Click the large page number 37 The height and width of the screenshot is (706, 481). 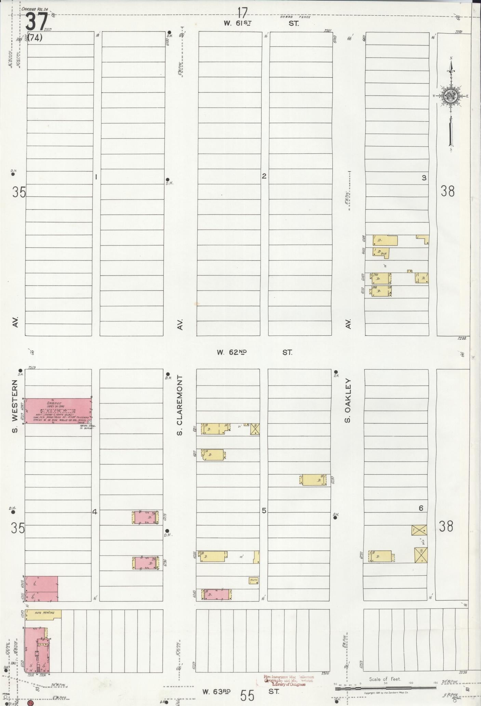click(36, 22)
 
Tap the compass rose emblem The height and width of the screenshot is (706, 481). click(451, 96)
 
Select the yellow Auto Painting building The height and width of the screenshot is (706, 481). click(43, 613)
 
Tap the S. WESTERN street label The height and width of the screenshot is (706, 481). click(15, 405)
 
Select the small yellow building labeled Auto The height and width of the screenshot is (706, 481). click(253, 580)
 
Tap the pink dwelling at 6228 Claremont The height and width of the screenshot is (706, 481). click(146, 517)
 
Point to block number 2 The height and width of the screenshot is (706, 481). click(264, 176)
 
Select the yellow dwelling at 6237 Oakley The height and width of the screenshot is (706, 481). click(381, 556)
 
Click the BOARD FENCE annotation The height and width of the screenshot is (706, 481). click(295, 17)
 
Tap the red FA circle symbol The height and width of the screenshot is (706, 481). click(30, 703)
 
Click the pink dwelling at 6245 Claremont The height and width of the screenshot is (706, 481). click(216, 595)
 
